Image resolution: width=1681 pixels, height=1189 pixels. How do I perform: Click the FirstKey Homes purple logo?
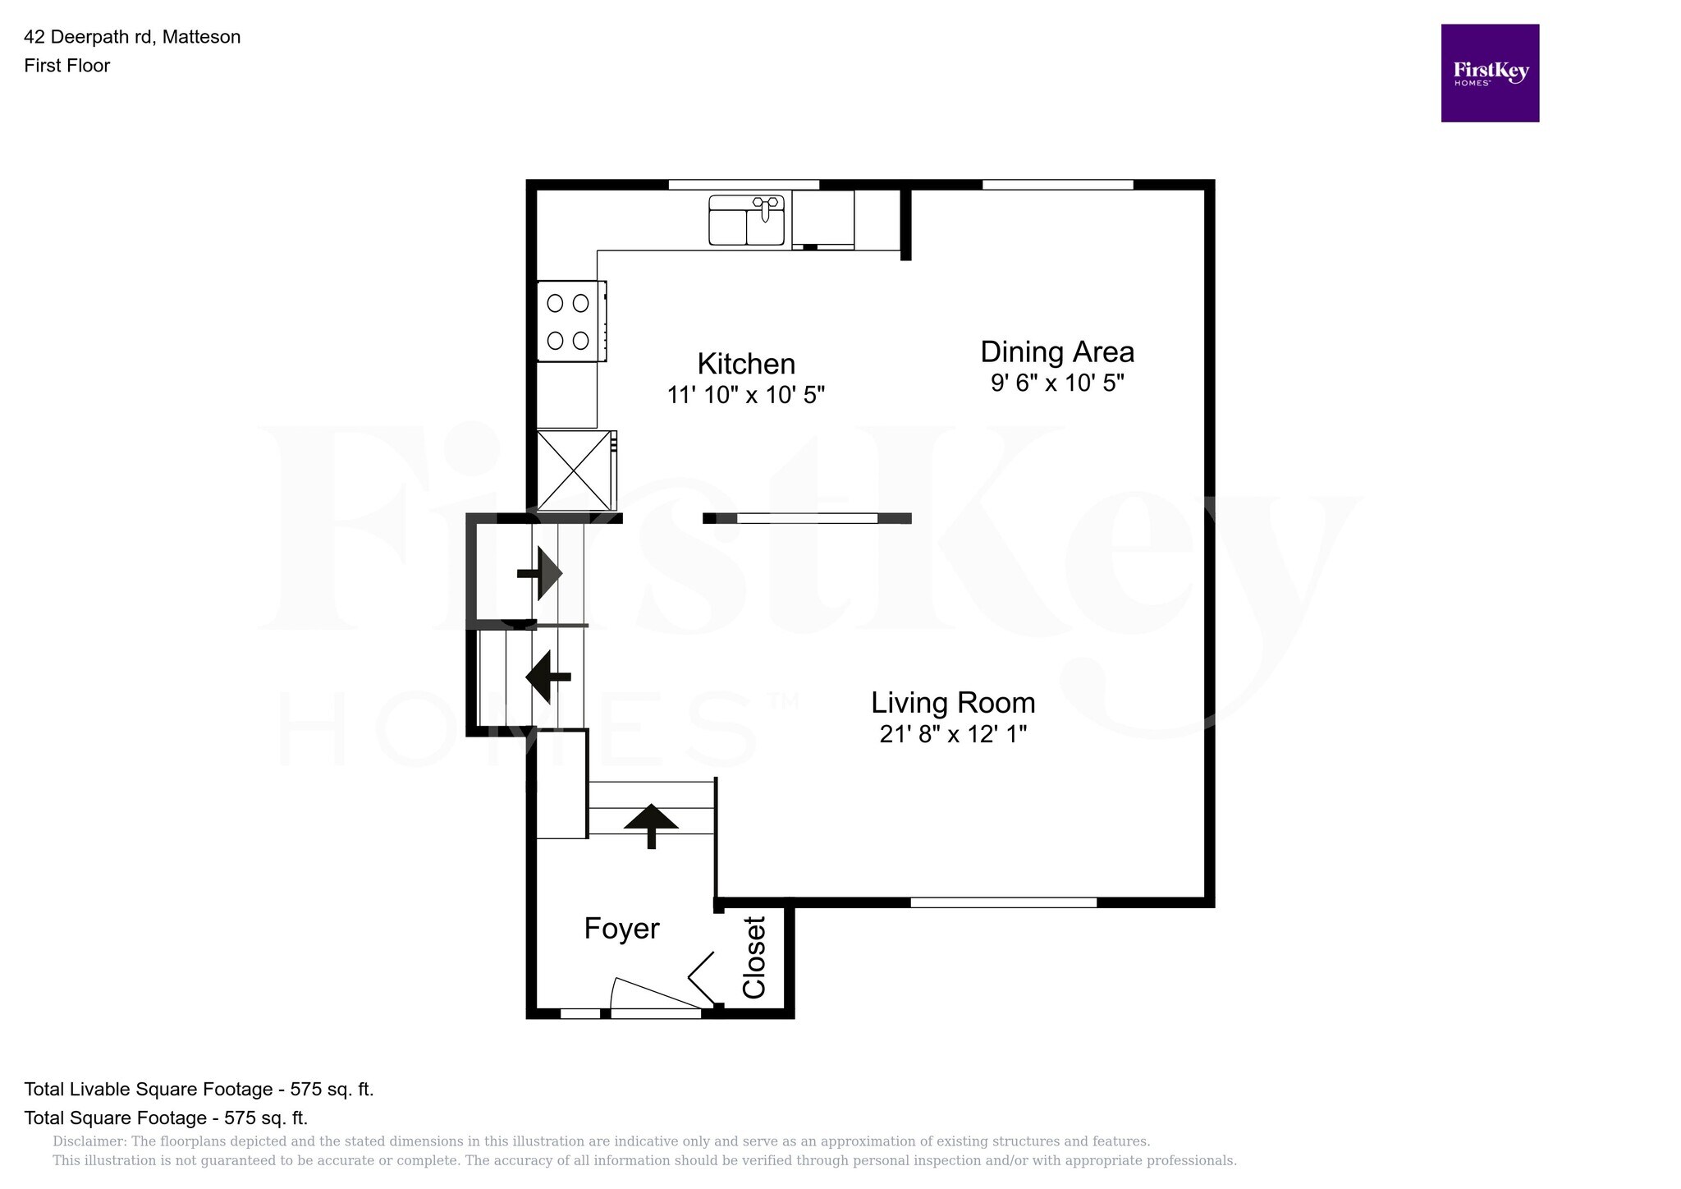tap(1489, 73)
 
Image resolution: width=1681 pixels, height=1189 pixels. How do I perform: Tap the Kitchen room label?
tap(745, 364)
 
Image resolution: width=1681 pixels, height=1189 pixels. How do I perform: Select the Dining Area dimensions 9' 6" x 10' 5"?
tap(1057, 383)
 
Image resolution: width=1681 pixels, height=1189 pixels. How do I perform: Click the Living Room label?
tap(952, 703)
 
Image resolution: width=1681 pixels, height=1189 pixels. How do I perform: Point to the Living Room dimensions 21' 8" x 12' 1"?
tap(952, 734)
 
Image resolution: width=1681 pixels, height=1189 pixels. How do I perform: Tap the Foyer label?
tap(621, 929)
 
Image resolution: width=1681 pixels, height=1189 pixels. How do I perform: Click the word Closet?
tap(753, 957)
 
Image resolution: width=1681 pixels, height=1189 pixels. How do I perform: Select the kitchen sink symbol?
tap(746, 220)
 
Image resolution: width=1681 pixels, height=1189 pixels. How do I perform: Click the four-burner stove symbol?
tap(570, 321)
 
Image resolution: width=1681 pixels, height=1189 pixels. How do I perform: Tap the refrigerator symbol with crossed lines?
tap(574, 471)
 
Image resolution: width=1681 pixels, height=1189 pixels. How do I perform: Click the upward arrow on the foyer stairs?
tap(651, 823)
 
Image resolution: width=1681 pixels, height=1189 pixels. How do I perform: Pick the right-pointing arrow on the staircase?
tap(541, 573)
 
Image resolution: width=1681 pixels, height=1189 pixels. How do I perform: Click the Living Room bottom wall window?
tap(1003, 902)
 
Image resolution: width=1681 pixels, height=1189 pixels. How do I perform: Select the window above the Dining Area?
tap(1057, 185)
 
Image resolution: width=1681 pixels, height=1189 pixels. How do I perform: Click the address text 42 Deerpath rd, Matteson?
tap(132, 37)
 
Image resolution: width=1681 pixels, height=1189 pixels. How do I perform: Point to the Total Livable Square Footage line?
tap(199, 1090)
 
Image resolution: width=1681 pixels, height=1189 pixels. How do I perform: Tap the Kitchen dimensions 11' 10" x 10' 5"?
tap(745, 395)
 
